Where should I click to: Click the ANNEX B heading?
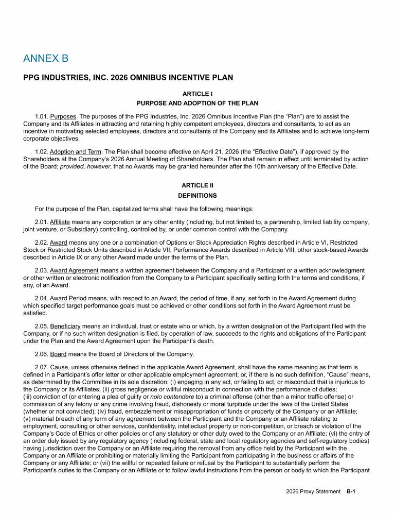pyautogui.click(x=46, y=58)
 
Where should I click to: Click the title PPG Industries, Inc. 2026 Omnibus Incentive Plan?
pyautogui.click(x=128, y=78)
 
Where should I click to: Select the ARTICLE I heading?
pyautogui.click(x=197, y=95)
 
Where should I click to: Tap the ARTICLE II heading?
pyautogui.click(x=197, y=185)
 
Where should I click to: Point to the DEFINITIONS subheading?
pyautogui.click(x=197, y=196)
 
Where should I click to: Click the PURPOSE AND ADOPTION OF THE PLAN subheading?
pyautogui.click(x=197, y=104)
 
